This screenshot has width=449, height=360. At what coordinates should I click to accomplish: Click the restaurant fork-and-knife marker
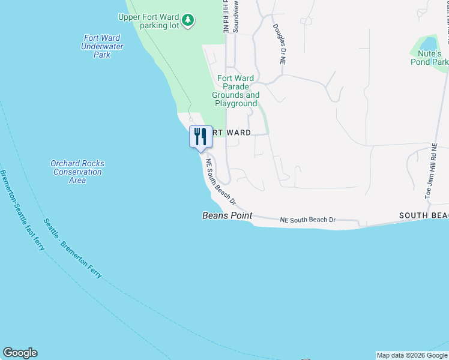click(200, 136)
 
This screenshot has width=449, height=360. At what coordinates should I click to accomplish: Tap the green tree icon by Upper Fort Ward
click(188, 20)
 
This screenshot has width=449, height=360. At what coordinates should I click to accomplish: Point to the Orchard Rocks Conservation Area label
click(77, 172)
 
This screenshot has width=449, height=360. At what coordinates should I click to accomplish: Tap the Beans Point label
click(227, 215)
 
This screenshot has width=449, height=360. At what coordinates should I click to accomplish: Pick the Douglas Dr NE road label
click(279, 44)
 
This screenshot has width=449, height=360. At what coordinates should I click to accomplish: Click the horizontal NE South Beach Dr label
click(308, 220)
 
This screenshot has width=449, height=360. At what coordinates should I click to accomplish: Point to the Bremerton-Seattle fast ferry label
click(22, 211)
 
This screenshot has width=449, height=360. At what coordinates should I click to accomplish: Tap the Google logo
click(20, 353)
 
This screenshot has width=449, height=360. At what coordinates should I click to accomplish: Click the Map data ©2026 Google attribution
click(412, 355)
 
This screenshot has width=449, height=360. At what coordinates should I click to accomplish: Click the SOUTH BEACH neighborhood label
click(424, 215)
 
